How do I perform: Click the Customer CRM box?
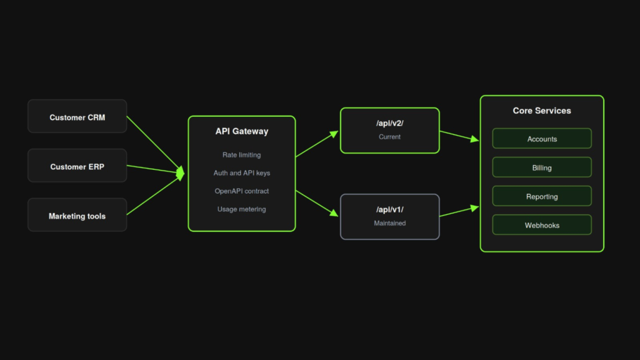(x=77, y=116)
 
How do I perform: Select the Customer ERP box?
(x=77, y=166)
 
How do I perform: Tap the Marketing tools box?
(x=77, y=215)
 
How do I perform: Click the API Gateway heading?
(x=242, y=131)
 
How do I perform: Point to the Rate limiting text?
(x=242, y=155)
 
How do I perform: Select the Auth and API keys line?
(x=242, y=173)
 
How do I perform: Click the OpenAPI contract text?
(x=242, y=191)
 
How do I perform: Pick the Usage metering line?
(x=242, y=209)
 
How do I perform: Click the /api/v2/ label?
(x=390, y=123)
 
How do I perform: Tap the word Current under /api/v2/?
(x=390, y=137)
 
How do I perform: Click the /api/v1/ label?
(x=390, y=210)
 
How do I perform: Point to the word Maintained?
(x=390, y=223)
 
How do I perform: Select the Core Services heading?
(x=542, y=111)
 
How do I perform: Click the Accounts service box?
(x=542, y=139)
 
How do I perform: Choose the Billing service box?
(x=542, y=167)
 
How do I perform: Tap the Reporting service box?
(x=542, y=196)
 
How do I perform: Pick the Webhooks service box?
(x=542, y=225)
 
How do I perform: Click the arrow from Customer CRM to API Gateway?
(x=156, y=145)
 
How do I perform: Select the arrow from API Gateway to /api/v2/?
(x=317, y=144)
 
